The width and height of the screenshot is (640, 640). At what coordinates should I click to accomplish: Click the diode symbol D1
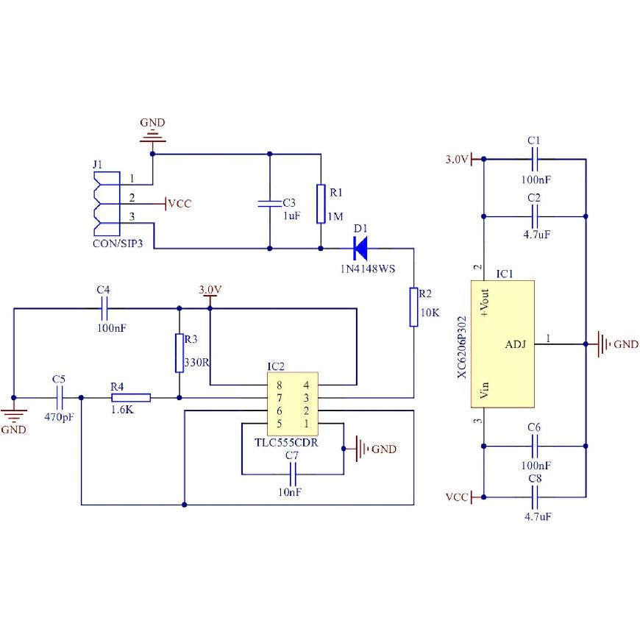[x=360, y=248]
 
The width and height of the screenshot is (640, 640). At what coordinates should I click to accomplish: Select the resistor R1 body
[x=321, y=204]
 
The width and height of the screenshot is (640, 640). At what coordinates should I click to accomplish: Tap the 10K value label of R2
[x=430, y=313]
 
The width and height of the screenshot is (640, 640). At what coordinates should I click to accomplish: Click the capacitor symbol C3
[x=269, y=204]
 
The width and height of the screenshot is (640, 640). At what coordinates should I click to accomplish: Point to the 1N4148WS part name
[x=368, y=269]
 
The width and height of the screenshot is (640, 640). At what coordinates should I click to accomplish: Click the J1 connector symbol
[x=107, y=204]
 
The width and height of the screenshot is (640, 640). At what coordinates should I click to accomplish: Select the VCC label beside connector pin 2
[x=179, y=204]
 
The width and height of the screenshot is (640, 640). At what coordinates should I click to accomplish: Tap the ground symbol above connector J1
[x=153, y=136]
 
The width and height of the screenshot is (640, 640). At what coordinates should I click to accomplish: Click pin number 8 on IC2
[x=280, y=385]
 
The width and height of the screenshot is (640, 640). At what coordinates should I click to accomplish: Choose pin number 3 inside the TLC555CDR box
[x=306, y=397]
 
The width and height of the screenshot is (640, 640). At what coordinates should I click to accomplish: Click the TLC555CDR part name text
[x=286, y=443]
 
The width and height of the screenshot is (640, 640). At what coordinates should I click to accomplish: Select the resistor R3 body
[x=179, y=353]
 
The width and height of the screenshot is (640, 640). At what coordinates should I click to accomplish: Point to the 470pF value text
[x=59, y=417]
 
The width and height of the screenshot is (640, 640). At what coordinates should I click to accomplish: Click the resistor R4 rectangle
[x=131, y=397]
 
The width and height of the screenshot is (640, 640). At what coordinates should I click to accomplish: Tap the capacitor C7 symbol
[x=292, y=474]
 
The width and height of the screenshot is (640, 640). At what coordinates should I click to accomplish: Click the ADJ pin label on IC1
[x=516, y=344]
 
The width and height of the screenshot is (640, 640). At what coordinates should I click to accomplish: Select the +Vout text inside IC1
[x=485, y=303]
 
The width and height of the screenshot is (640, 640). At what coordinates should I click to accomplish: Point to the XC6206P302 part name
[x=462, y=347]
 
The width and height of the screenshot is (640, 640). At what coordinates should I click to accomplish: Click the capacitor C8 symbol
[x=535, y=497]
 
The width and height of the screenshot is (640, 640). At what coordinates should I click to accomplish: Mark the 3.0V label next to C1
[x=456, y=159]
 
